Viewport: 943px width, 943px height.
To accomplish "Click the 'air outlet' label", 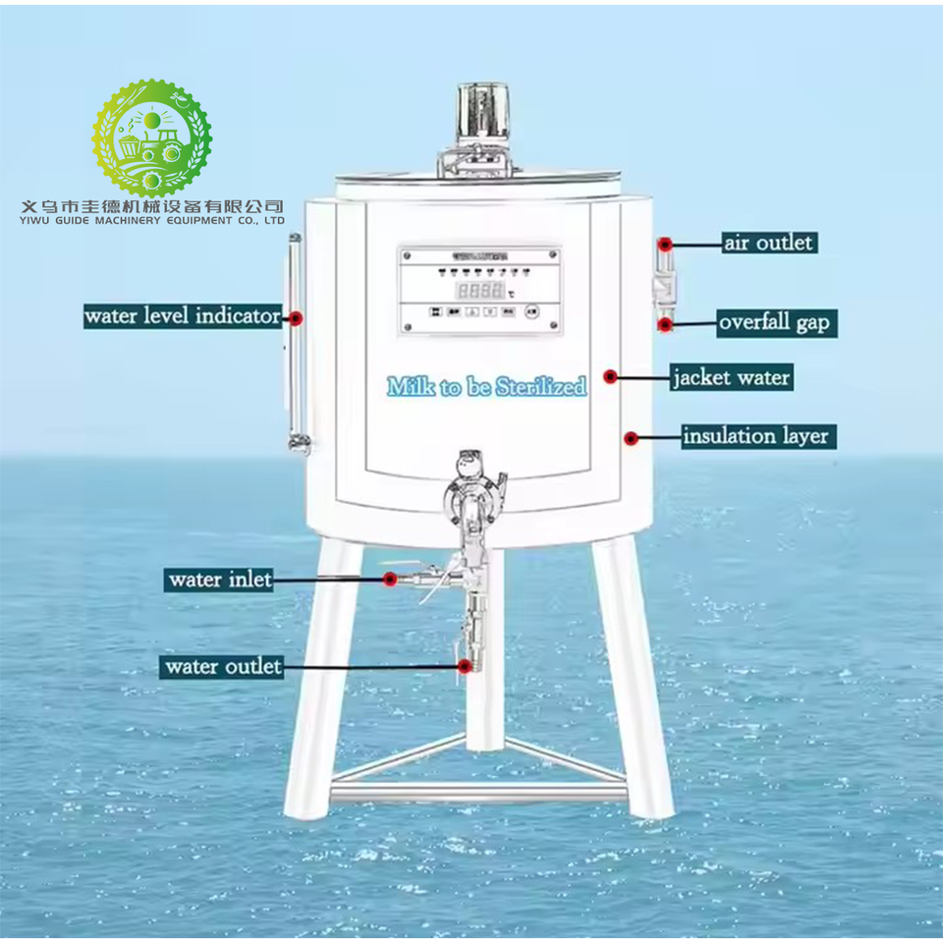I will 769,242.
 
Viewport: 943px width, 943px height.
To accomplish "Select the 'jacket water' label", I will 731,377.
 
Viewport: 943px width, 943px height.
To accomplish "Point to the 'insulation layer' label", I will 755,435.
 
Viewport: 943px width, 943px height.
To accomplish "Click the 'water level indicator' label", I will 183,316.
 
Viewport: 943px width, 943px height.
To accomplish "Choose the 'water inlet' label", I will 219,580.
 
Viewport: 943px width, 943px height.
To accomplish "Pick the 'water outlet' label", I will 223,667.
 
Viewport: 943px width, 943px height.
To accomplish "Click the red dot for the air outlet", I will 665,243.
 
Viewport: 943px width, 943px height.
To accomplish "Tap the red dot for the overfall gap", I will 665,323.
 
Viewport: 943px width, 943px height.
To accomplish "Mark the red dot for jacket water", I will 610,376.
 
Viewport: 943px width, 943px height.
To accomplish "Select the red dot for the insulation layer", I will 631,437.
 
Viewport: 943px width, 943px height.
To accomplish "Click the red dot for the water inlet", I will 390,580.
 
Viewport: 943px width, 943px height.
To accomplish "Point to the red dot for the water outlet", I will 464,666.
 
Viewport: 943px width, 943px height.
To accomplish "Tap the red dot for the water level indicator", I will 294,316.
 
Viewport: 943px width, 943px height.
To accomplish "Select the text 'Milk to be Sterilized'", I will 487,386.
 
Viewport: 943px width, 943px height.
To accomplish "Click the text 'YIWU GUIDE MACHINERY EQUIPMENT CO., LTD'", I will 152,221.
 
